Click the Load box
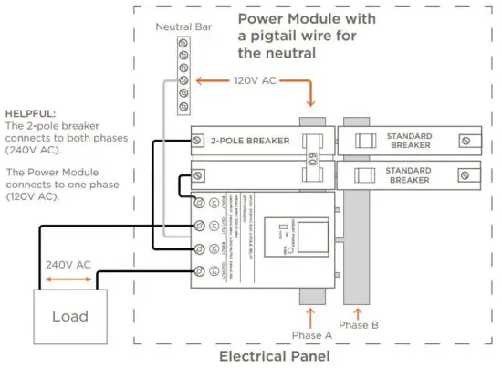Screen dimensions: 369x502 coord(70,315)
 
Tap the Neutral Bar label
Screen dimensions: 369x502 coord(183,27)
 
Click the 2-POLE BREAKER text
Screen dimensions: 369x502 coord(250,141)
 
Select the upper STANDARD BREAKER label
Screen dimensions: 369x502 coord(408,141)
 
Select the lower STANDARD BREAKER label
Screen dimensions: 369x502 coord(408,174)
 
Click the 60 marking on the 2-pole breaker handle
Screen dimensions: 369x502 coord(312,142)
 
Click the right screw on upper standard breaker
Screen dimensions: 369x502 coord(466,140)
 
